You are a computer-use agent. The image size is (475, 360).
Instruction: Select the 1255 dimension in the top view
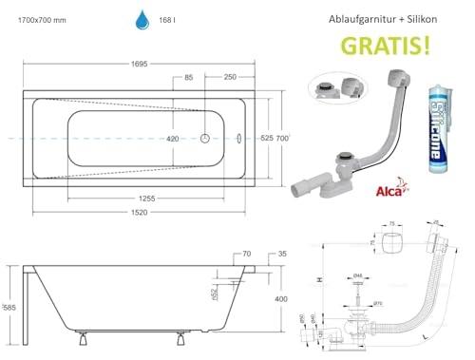143,197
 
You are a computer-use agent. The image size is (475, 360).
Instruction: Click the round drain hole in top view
206,139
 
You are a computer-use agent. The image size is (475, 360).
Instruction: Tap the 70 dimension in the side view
246,255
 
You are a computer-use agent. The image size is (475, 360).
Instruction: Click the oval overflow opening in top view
237,139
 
